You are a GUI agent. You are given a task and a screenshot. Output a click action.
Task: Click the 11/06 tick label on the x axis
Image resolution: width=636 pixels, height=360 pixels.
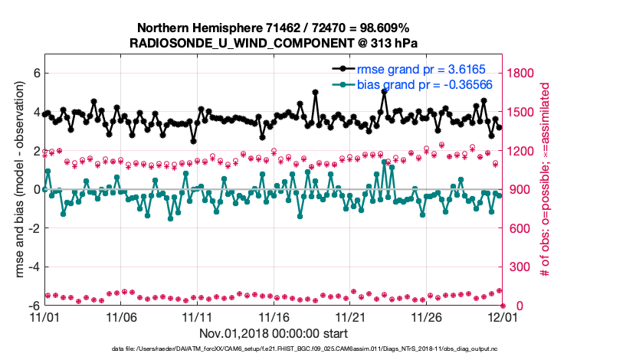[120, 317]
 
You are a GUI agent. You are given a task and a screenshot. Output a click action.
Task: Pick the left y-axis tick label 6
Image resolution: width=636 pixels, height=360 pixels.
[34, 74]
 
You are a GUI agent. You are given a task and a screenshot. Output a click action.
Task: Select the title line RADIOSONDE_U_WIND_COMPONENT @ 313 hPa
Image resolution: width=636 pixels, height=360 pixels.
[274, 43]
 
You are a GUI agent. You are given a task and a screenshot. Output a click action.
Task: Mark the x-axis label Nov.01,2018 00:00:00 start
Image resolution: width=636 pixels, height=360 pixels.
[274, 333]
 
